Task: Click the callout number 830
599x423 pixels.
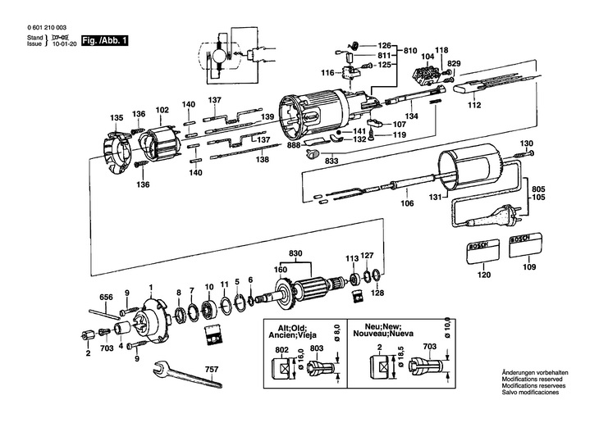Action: pos(295,253)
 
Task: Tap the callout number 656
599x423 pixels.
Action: pos(106,297)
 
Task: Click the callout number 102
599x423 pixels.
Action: pos(162,109)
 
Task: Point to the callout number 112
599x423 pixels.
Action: pos(473,106)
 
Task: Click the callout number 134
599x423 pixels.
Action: pos(411,117)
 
